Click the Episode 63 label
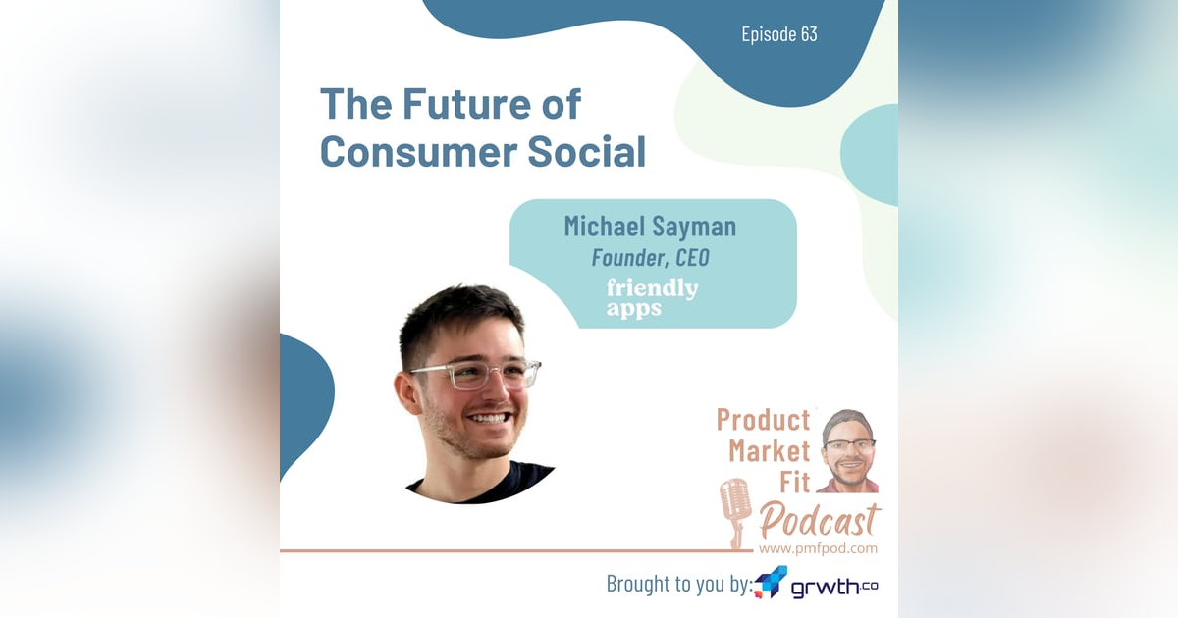pos(778,34)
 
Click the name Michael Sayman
pos(649,227)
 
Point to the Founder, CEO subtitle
pos(649,258)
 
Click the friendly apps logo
pos(652,297)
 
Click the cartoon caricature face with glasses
pos(848,448)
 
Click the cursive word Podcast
pos(820,520)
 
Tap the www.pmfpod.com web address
pos(818,548)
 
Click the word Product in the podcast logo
pos(763,420)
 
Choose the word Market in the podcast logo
pos(769,451)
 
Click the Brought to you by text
pos(678,584)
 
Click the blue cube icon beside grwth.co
pos(771,582)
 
